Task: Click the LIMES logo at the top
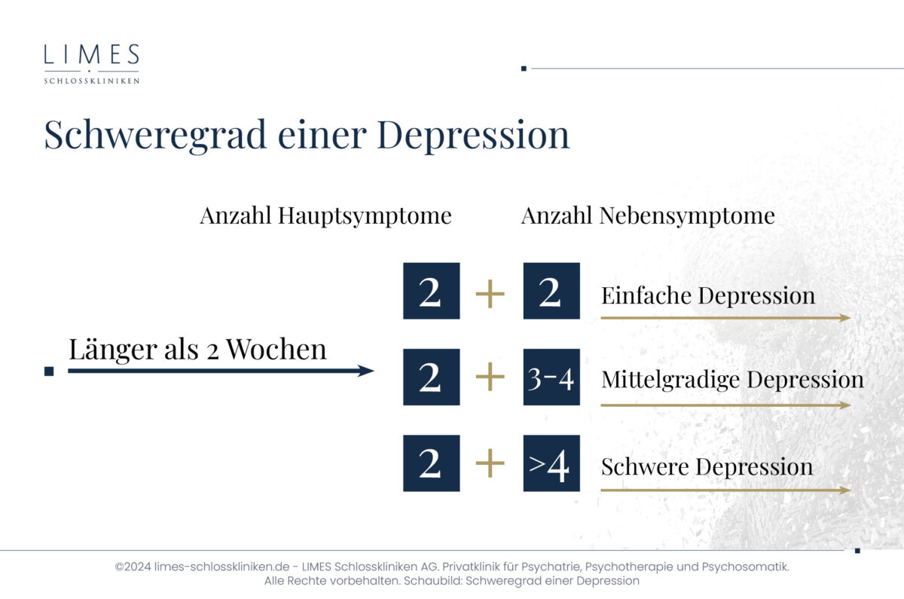coord(92,64)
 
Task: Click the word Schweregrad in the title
coord(155,136)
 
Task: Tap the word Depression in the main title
coord(473,136)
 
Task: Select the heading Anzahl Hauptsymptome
coord(325,216)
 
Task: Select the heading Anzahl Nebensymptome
coord(648,216)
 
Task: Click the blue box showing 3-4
coord(551,377)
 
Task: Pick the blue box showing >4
coord(551,463)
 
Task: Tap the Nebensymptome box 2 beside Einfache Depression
coord(551,291)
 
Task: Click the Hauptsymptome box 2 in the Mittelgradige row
coord(432,377)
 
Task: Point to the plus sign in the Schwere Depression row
coord(490,463)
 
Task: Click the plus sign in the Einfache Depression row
coord(490,293)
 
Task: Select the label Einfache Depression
coord(708,295)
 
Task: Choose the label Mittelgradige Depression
coord(732,380)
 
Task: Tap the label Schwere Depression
coord(707,467)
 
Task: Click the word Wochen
coord(276,349)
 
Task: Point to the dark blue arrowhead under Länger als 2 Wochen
coord(365,371)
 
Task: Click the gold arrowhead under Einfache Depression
coord(845,318)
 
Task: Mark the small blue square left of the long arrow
coord(49,371)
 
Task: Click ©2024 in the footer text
coord(133,567)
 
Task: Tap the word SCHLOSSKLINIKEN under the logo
coord(92,81)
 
